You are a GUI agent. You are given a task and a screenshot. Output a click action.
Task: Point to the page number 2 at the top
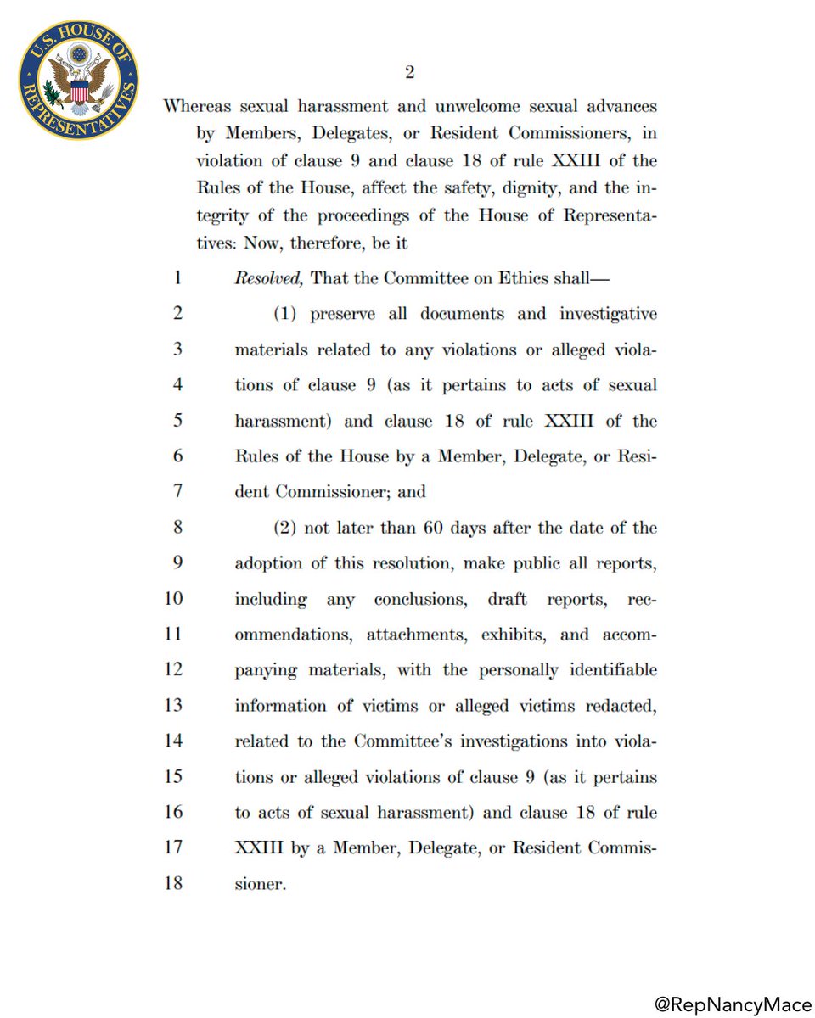[409, 73]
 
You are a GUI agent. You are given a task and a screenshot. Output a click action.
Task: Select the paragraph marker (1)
[287, 314]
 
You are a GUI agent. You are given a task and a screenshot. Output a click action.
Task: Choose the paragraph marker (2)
[287, 528]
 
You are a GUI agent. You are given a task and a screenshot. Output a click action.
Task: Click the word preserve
[341, 314]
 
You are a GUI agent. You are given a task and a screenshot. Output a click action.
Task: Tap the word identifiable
[611, 670]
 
